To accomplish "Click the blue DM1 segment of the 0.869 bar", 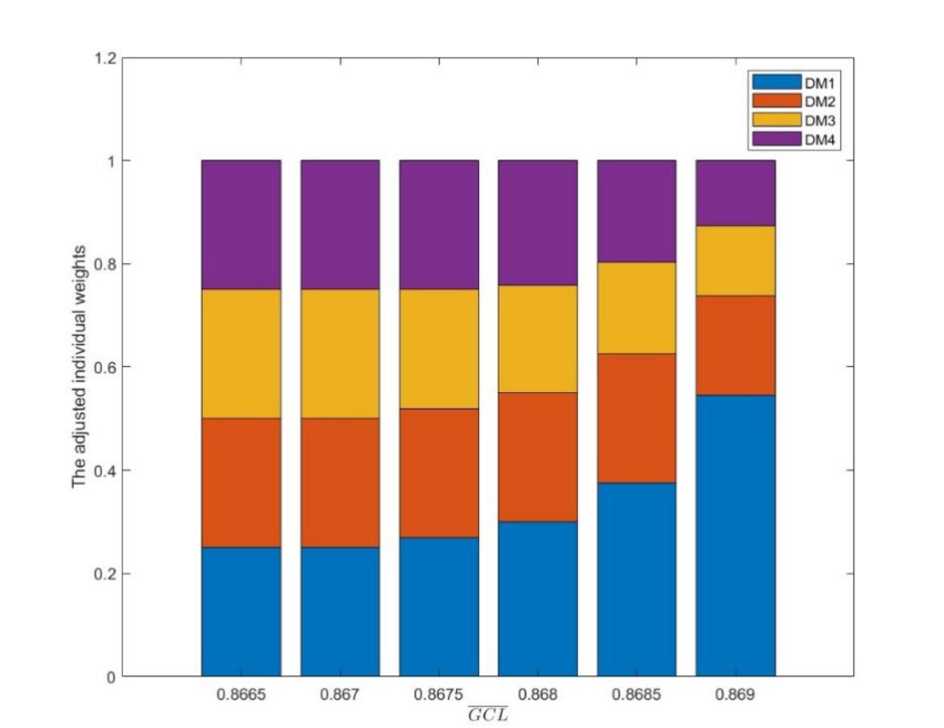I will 735,535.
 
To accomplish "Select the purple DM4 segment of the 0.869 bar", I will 735,193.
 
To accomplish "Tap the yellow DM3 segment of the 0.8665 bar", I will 240,353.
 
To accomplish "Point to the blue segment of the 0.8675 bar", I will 439,606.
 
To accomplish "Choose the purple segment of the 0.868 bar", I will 537,222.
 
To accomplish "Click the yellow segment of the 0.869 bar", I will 735,260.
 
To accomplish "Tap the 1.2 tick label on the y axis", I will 106,58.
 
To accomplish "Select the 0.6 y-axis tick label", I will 106,368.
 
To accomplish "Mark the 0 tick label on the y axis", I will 110,677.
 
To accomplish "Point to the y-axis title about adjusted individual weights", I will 79,367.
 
